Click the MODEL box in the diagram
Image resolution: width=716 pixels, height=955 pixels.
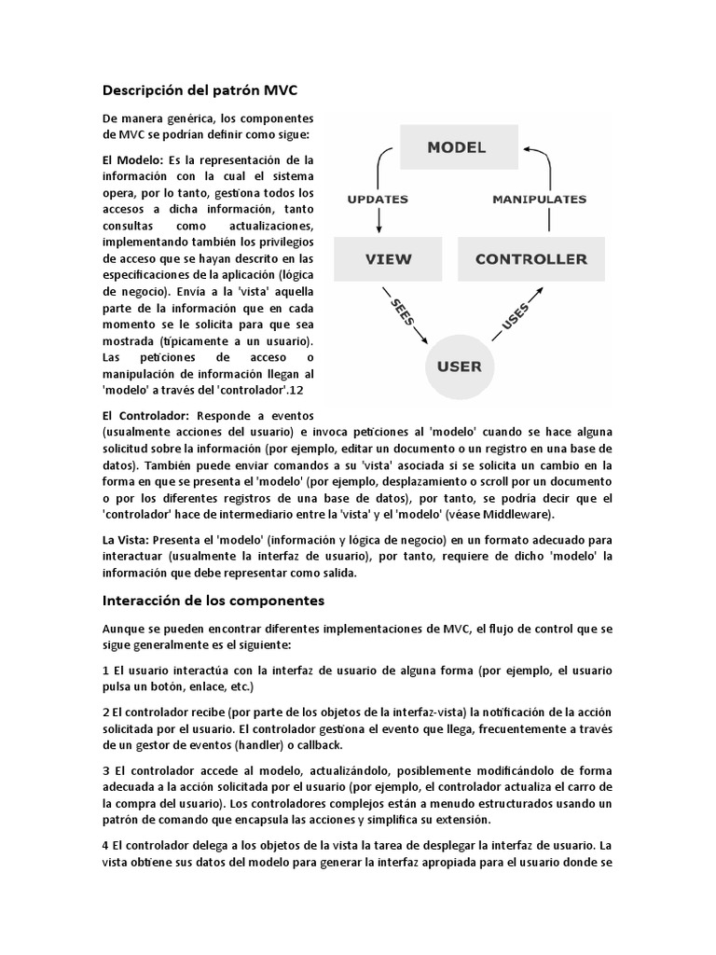pyautogui.click(x=457, y=147)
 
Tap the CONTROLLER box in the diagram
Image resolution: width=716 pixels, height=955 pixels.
pyautogui.click(x=531, y=258)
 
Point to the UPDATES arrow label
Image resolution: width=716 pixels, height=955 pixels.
pyautogui.click(x=378, y=199)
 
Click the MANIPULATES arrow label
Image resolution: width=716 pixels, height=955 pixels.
pyautogui.click(x=539, y=199)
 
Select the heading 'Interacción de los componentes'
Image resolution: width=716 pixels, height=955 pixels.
pyautogui.click(x=213, y=601)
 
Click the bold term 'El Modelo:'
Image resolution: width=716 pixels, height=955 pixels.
pyautogui.click(x=132, y=159)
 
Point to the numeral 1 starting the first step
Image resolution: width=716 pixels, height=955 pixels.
pyautogui.click(x=105, y=671)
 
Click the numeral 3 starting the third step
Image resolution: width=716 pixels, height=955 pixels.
pyautogui.click(x=105, y=772)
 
